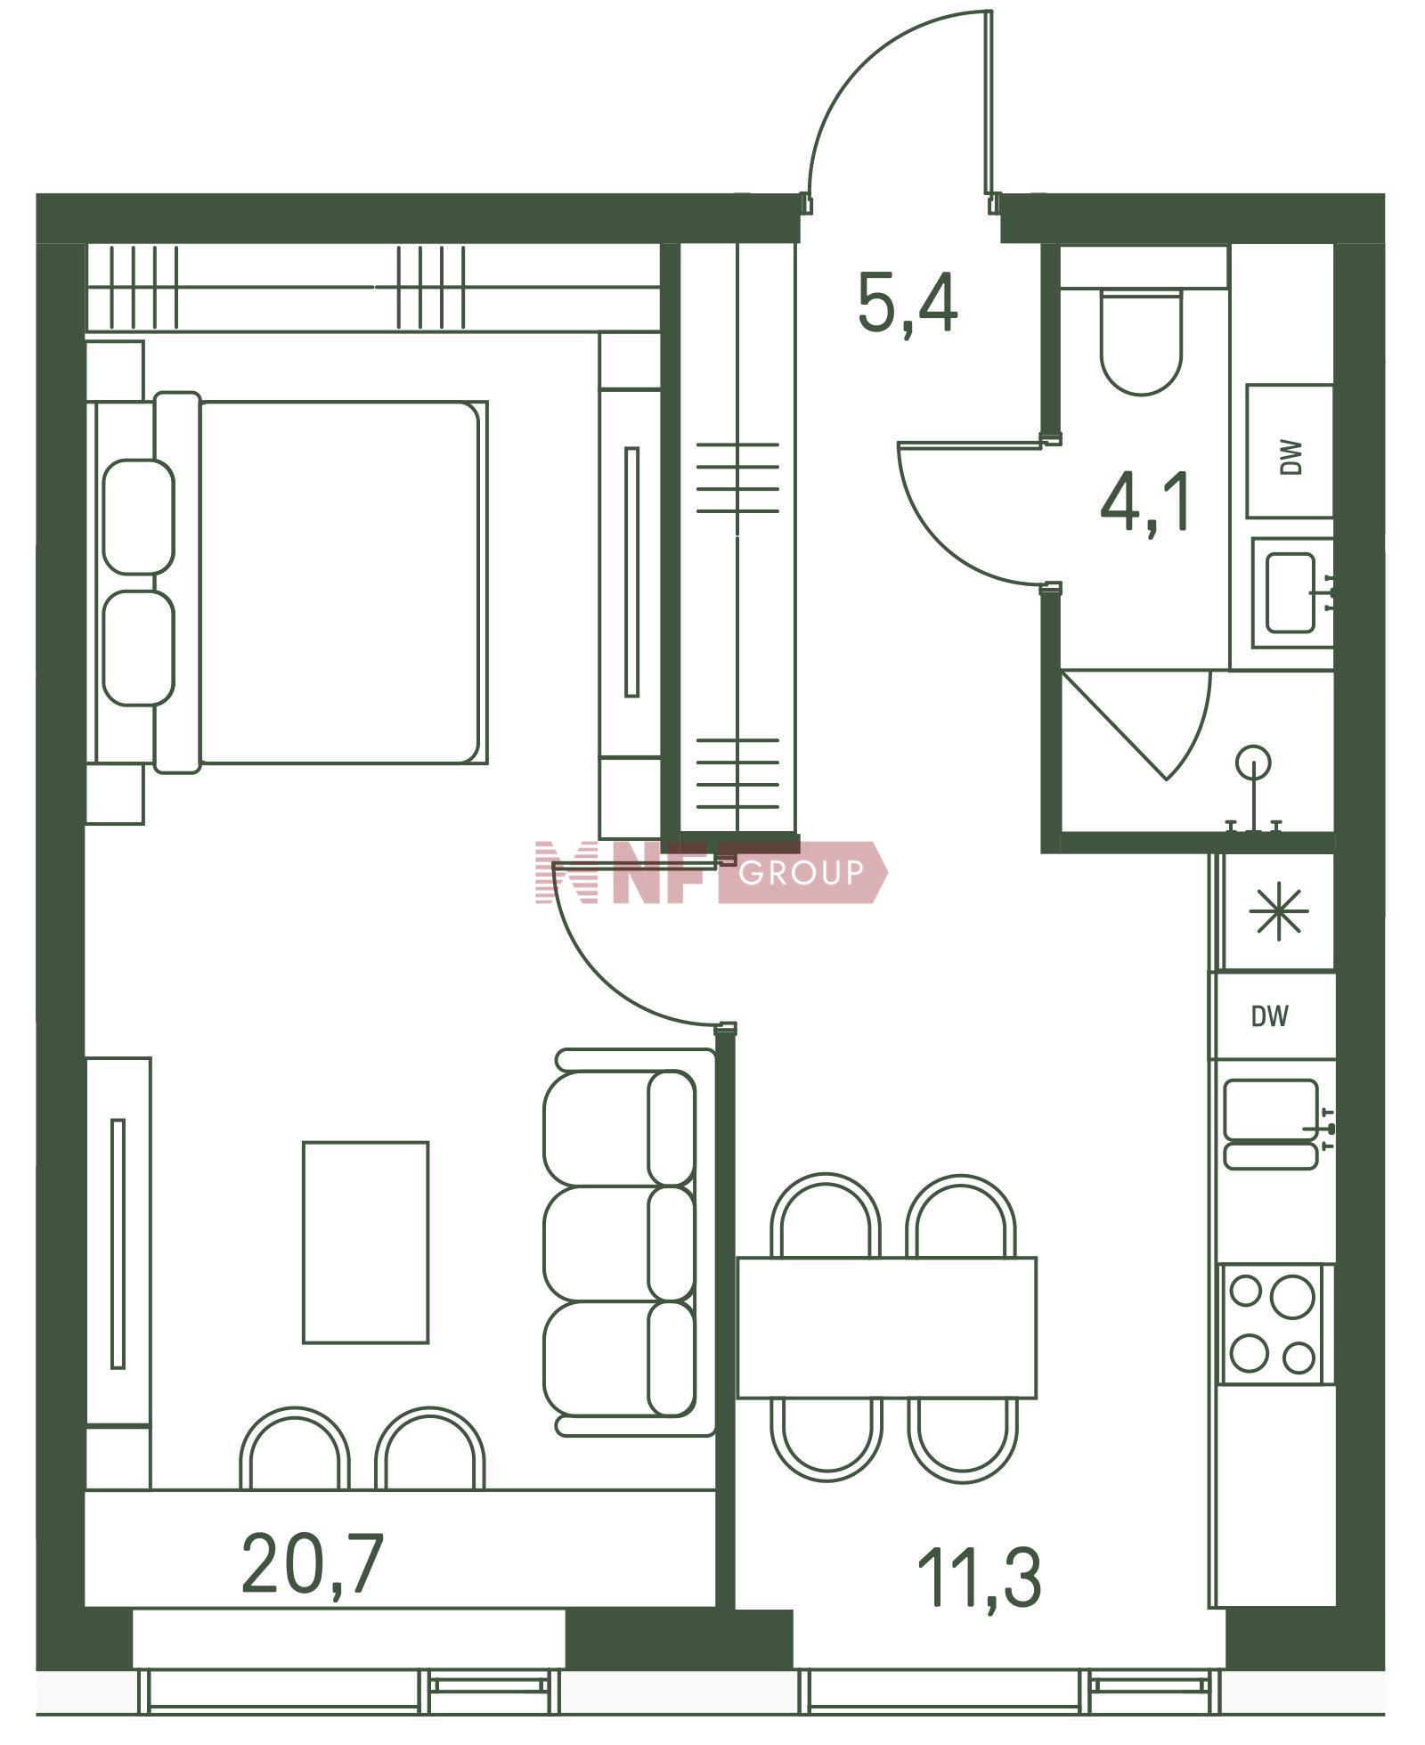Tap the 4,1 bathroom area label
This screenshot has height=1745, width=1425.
[1145, 503]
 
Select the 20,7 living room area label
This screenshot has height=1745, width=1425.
[312, 1562]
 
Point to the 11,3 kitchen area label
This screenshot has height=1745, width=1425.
[979, 1577]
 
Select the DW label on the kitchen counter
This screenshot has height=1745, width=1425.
[1269, 1016]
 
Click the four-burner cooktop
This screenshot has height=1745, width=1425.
[1272, 1324]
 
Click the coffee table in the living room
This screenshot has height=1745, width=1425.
[365, 1243]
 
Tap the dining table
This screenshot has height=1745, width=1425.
[887, 1326]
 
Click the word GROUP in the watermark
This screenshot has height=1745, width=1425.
[801, 872]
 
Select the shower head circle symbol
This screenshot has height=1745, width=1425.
[1253, 762]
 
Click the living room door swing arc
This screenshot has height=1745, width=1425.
[602, 980]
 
